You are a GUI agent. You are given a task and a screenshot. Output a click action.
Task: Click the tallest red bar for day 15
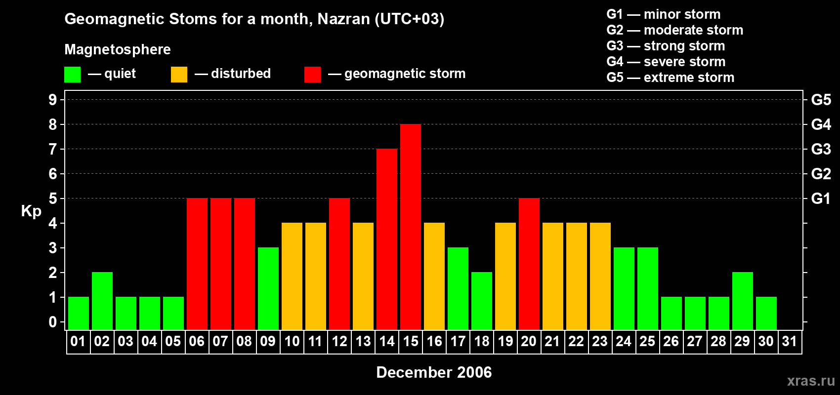411,227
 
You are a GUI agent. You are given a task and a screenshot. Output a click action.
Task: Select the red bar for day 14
387,239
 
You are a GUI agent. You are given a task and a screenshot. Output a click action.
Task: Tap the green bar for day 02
102,301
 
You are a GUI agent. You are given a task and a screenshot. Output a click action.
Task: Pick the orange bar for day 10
292,276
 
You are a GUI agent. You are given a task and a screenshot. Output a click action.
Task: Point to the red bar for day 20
529,264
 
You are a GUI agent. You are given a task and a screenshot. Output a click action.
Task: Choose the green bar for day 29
743,301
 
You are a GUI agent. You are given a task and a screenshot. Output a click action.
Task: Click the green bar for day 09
268,288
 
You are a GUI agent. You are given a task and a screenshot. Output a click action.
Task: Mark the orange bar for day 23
600,276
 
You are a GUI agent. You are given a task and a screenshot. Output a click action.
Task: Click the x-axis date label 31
790,342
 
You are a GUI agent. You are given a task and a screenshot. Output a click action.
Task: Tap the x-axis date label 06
197,342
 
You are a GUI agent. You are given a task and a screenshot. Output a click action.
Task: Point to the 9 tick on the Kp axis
53,100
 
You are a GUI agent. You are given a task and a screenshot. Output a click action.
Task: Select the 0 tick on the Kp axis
53,322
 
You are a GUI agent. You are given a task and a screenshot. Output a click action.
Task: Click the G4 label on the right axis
821,124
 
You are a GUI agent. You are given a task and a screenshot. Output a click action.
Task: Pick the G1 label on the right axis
821,198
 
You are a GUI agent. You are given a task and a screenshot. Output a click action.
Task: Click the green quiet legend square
72,75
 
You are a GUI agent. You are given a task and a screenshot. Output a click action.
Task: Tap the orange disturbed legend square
179,75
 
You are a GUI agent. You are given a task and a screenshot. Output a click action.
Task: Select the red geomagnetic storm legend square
312,75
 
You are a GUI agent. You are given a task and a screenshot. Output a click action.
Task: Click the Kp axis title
31,211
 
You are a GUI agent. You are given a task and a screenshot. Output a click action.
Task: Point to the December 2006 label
434,372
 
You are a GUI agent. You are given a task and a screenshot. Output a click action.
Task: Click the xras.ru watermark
811,381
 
